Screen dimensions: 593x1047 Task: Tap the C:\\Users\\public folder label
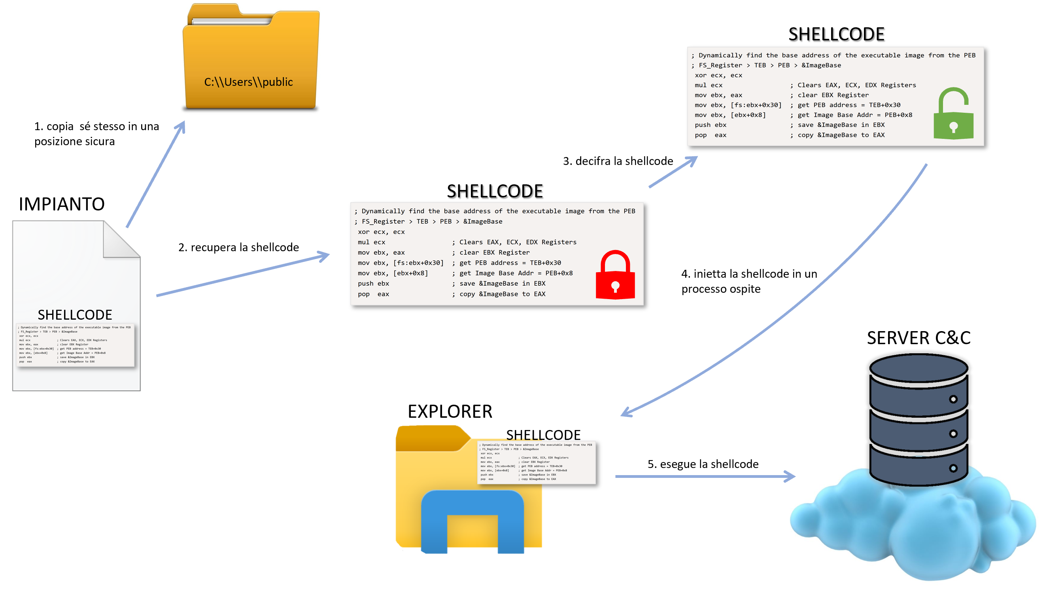[x=248, y=82]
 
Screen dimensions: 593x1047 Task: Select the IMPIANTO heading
[x=61, y=204]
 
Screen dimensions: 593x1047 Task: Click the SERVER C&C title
[x=918, y=337]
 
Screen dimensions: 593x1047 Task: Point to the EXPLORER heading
[x=450, y=411]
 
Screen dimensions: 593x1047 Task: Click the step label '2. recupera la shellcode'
[x=238, y=247]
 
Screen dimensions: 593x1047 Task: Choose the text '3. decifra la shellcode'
[x=618, y=161]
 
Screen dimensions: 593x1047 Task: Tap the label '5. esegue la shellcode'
[x=703, y=464]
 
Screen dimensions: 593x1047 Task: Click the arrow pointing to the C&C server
[x=704, y=476]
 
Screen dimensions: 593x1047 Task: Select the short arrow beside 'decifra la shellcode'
[x=673, y=172]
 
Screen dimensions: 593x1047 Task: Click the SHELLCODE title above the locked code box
[x=495, y=191]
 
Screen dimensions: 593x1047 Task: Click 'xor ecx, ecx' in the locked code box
[x=381, y=232]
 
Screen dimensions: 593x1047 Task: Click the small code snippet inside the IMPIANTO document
[x=75, y=345]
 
